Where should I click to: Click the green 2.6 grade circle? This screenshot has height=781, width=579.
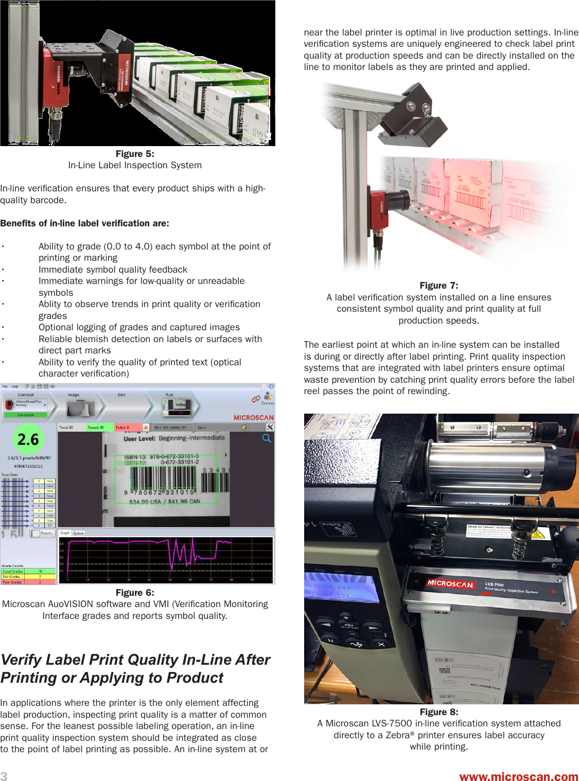(28, 439)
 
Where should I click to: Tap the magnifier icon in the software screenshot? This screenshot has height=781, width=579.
(267, 438)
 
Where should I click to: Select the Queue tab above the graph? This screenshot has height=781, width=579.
(78, 533)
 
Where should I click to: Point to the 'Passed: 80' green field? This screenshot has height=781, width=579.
(98, 427)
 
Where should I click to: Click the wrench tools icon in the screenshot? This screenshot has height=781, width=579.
(270, 427)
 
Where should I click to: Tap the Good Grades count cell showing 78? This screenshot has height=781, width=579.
(40, 571)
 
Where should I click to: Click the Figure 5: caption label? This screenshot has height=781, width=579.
(135, 154)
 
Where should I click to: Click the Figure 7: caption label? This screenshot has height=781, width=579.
(438, 286)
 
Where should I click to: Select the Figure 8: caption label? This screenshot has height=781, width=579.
(438, 712)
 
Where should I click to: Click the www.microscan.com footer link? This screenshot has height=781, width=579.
(518, 776)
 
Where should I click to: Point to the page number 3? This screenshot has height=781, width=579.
(4, 776)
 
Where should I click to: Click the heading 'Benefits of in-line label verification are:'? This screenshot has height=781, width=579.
(85, 223)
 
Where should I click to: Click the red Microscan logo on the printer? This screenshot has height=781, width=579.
(450, 583)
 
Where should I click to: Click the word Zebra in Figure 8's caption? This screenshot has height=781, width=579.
(396, 735)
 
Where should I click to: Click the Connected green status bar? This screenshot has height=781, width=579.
(25, 415)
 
